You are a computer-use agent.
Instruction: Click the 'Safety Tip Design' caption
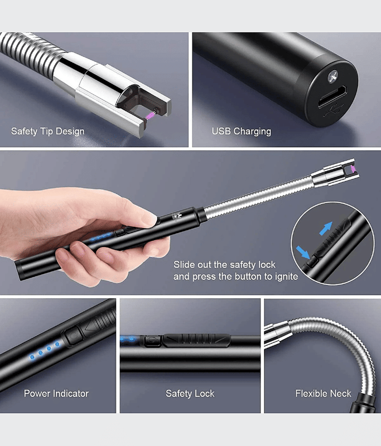tap(48, 132)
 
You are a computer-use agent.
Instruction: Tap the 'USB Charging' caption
tap(242, 132)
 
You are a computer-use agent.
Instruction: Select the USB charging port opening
tap(332, 96)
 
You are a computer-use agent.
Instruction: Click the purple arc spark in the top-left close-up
tap(150, 115)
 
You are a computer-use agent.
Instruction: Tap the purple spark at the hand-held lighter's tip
tap(354, 169)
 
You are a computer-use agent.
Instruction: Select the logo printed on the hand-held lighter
tap(176, 217)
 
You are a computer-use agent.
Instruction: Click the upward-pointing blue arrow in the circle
tap(326, 228)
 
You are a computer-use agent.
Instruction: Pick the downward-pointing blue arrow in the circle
tap(303, 253)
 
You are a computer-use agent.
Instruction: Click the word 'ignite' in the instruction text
tap(287, 277)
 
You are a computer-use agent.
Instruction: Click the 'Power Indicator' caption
tap(56, 394)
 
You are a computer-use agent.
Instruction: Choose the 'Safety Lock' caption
tap(190, 394)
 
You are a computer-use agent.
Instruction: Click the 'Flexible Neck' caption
tap(323, 394)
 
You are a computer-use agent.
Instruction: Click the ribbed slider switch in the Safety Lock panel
tap(197, 341)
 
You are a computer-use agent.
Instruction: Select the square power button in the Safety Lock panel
tap(153, 341)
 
